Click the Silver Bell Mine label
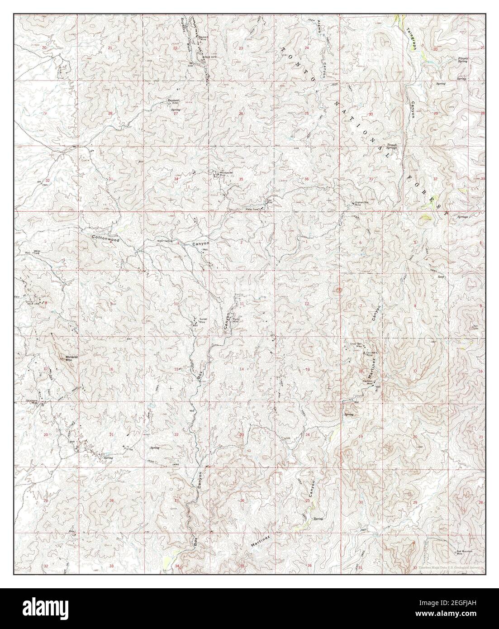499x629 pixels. coord(357,345)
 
